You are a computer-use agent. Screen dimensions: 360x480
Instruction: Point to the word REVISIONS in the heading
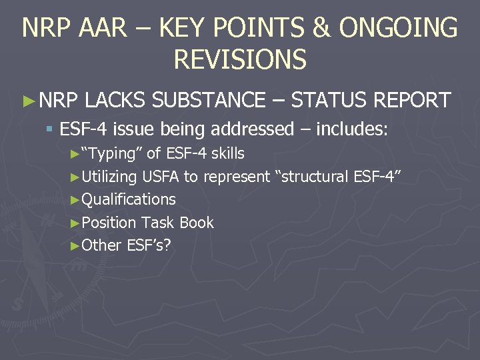(x=240, y=59)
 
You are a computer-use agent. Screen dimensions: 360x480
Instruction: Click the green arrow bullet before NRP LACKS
(x=28, y=101)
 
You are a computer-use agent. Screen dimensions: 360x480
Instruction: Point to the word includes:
(x=351, y=128)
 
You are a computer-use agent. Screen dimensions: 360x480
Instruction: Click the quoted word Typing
(x=112, y=154)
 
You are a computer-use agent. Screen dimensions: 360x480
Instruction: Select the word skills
(x=227, y=153)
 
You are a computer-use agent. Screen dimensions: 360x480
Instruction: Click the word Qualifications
(x=129, y=199)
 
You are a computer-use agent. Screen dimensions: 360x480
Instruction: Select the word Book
(x=197, y=222)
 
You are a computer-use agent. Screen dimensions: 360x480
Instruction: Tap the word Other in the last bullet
(x=101, y=245)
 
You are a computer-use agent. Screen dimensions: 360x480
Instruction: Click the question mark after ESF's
(x=167, y=245)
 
